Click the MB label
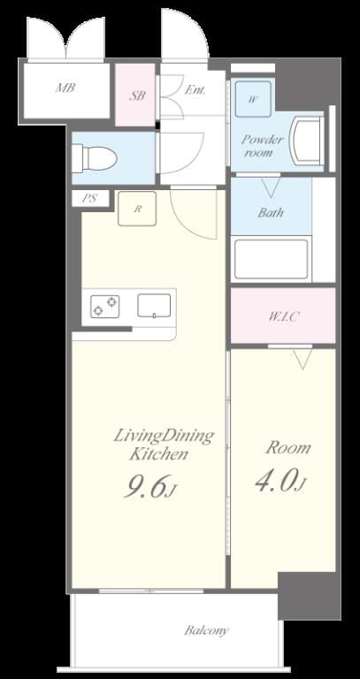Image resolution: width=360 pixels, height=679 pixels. [65, 88]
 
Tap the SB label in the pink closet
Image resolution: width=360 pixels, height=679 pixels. [137, 95]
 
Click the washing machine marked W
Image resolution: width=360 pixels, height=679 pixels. [254, 99]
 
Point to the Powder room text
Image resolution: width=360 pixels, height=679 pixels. [263, 146]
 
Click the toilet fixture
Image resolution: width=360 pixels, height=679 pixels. [94, 157]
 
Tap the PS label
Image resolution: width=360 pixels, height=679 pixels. [90, 199]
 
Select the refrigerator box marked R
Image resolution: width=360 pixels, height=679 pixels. [137, 209]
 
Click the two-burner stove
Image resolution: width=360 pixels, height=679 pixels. [105, 306]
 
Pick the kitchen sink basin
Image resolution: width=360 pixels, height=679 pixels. [154, 306]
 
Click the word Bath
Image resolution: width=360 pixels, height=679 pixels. [271, 212]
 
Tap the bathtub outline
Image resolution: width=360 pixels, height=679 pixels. [272, 259]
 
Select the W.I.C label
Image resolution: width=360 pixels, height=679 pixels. [283, 317]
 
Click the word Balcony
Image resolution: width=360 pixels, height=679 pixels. [206, 630]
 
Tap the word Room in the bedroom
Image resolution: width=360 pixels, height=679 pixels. [288, 447]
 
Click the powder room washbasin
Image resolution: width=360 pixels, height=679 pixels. [308, 141]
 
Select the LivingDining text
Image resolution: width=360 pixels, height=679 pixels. [164, 436]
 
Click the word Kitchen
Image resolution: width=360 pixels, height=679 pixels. [159, 454]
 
